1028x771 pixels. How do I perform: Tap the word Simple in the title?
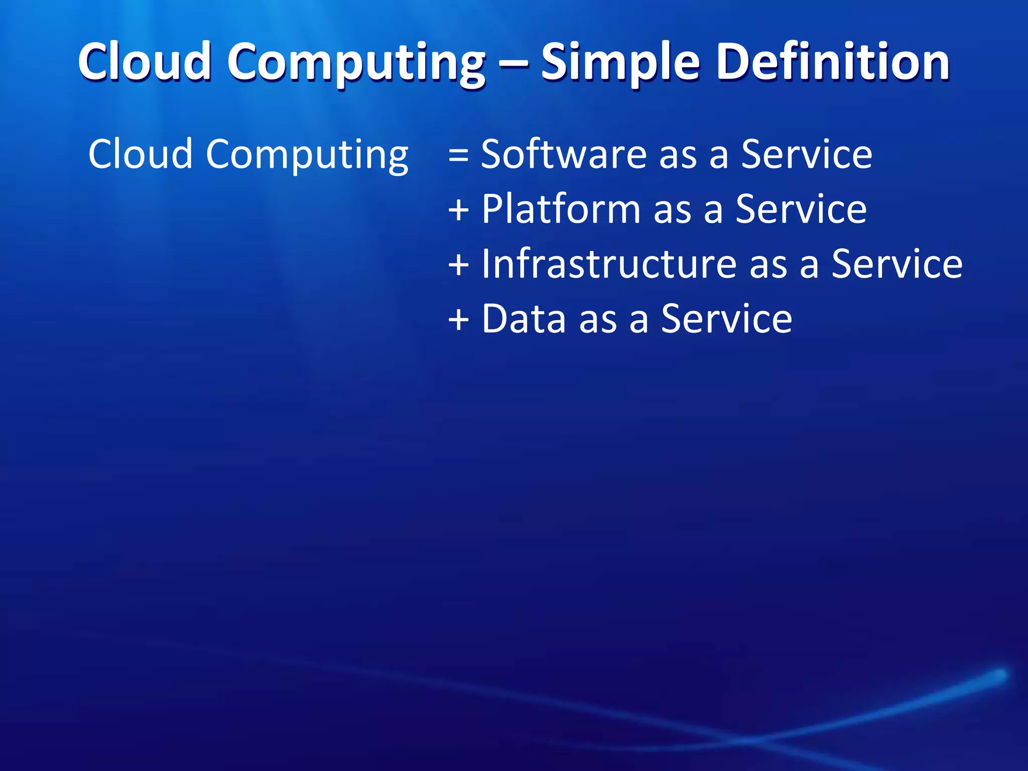(620, 62)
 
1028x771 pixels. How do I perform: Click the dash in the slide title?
(513, 63)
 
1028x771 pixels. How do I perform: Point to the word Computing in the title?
(356, 63)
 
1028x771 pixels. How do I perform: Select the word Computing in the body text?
(307, 155)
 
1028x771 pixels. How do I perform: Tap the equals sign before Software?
(458, 155)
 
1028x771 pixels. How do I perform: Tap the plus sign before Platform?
(458, 209)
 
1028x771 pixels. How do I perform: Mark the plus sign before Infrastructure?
(458, 265)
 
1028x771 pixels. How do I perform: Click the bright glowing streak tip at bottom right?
(999, 675)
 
